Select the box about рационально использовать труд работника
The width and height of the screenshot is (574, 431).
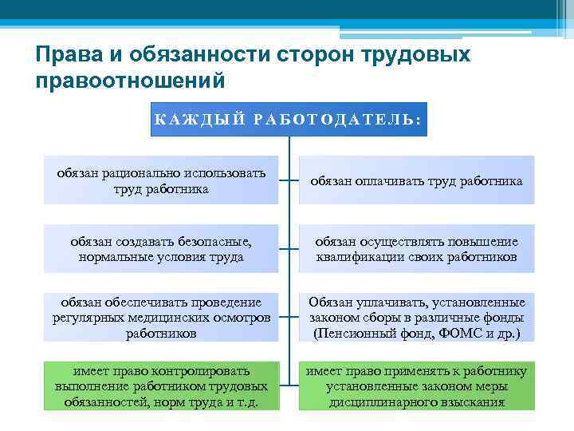[x=162, y=180]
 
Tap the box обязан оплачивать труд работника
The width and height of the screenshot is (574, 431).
[x=417, y=181]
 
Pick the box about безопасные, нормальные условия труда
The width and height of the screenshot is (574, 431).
[x=162, y=249]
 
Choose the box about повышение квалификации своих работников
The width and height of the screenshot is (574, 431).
[x=417, y=249]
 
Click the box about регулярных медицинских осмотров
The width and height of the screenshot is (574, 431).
[x=162, y=318]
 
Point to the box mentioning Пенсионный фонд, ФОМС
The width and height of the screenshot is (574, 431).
[x=417, y=318]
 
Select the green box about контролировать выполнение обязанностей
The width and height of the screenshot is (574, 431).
[x=162, y=386]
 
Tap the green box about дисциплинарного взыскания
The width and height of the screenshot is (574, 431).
[x=417, y=386]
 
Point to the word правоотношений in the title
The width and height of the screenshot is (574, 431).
[x=130, y=81]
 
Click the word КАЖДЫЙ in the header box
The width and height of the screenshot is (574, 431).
[x=191, y=121]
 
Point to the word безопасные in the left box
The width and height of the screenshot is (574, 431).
[x=213, y=242]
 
